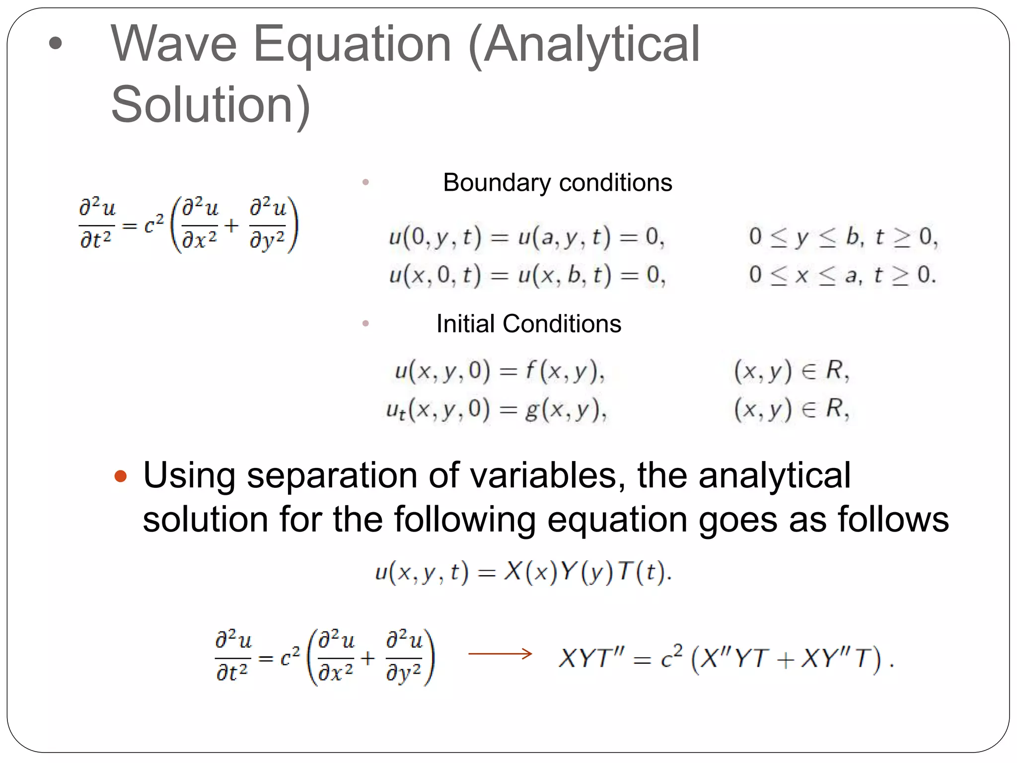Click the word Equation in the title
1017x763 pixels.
352,46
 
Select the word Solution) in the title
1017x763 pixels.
211,105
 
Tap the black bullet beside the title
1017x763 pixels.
56,43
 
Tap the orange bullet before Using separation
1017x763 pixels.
120,477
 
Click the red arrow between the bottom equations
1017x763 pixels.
500,654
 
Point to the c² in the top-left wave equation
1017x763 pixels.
153,226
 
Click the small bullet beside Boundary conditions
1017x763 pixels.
366,182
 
